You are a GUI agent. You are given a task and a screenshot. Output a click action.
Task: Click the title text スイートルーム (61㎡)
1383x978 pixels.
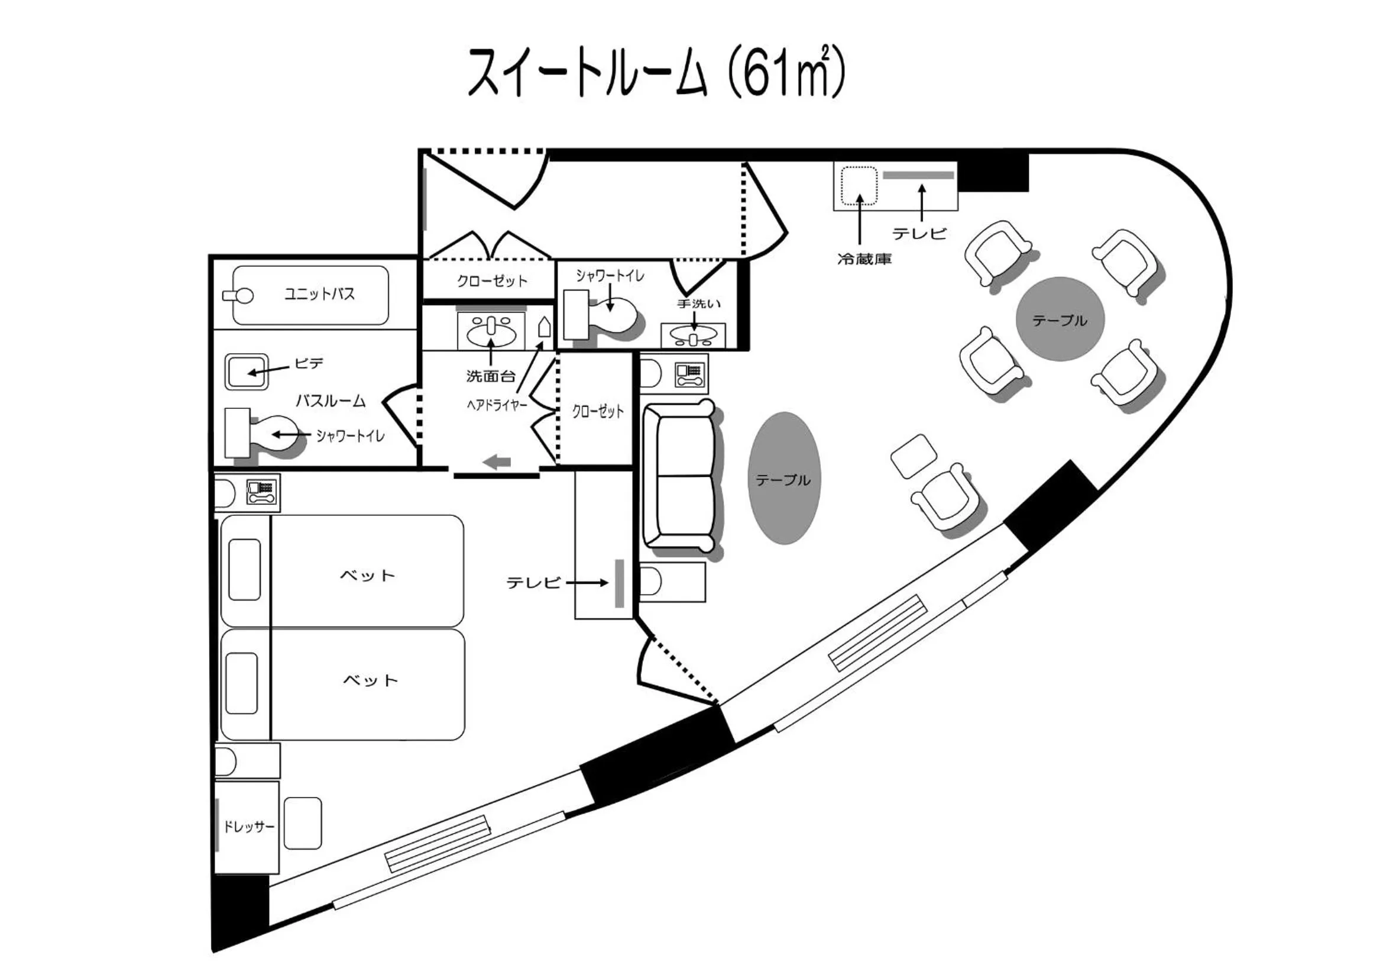(x=656, y=72)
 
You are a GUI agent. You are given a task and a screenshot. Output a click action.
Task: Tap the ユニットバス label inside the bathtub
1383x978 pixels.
(x=319, y=294)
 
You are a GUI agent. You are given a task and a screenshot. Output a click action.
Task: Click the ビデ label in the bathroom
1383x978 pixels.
(x=309, y=363)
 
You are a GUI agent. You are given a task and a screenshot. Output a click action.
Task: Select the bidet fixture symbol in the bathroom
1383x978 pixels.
(x=247, y=372)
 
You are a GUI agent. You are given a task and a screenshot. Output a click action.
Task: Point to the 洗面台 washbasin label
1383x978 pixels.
(x=491, y=377)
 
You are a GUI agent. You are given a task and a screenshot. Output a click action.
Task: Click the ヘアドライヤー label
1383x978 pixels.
(x=497, y=405)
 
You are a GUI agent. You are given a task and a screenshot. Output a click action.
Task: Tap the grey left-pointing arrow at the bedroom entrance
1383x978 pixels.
(x=497, y=463)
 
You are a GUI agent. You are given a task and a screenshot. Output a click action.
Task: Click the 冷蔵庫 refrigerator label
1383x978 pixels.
(x=864, y=260)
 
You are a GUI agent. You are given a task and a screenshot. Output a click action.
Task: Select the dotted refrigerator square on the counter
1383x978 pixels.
(x=859, y=186)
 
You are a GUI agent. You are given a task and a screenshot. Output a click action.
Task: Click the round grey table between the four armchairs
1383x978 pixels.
(x=1060, y=319)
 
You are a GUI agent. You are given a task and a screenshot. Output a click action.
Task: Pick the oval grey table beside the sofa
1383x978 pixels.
(x=783, y=479)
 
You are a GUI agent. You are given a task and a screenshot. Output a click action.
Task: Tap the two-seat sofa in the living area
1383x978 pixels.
(x=679, y=476)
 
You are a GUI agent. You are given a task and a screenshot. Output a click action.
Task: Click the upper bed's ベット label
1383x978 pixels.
(x=367, y=576)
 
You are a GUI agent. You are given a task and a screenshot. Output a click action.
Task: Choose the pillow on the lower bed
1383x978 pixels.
(x=242, y=683)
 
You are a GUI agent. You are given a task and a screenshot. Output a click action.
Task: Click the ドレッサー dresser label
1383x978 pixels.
(x=249, y=826)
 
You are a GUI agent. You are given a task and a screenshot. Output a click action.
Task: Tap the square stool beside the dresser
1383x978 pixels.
(x=302, y=823)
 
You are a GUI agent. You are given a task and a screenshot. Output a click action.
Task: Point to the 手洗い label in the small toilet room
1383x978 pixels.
(x=699, y=304)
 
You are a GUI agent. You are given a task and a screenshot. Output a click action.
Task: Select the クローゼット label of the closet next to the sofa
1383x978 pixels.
(x=598, y=412)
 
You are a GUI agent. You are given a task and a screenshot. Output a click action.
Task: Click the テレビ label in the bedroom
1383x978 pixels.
(x=533, y=583)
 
